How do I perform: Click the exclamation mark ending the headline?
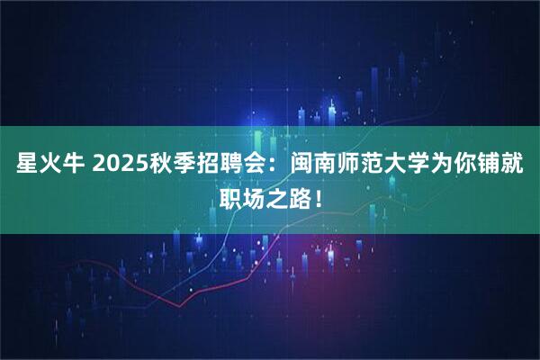[x=319, y=194]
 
